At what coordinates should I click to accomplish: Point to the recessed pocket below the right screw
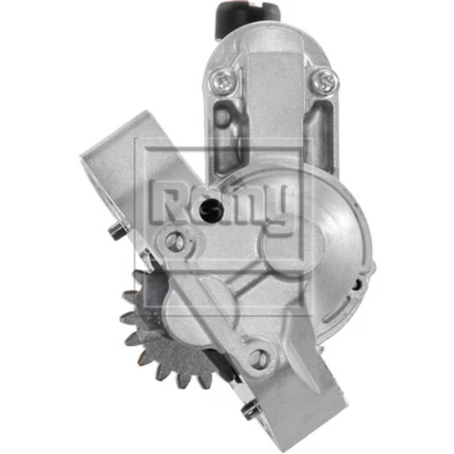[319, 127]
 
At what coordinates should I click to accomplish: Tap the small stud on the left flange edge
[113, 231]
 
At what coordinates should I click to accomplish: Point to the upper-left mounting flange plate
[127, 173]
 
